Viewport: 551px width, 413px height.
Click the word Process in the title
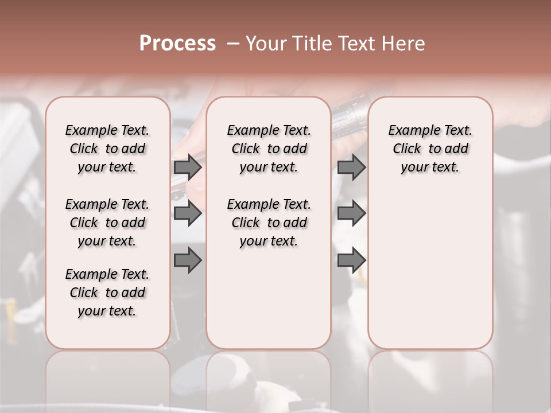177,44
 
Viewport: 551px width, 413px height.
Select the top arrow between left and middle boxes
188,167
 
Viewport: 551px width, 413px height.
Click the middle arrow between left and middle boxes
188,213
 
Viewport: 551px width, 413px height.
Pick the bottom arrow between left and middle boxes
188,260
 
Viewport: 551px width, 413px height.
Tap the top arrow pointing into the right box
351,167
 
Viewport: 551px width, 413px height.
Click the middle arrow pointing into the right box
351,213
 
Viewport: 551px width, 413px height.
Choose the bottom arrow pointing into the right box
351,260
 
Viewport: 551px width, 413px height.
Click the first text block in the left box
107,149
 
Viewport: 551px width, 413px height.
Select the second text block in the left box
107,223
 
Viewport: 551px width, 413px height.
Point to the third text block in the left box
107,293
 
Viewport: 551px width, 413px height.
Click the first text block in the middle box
269,149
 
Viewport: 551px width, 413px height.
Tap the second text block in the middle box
269,223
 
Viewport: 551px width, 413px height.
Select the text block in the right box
430,149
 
